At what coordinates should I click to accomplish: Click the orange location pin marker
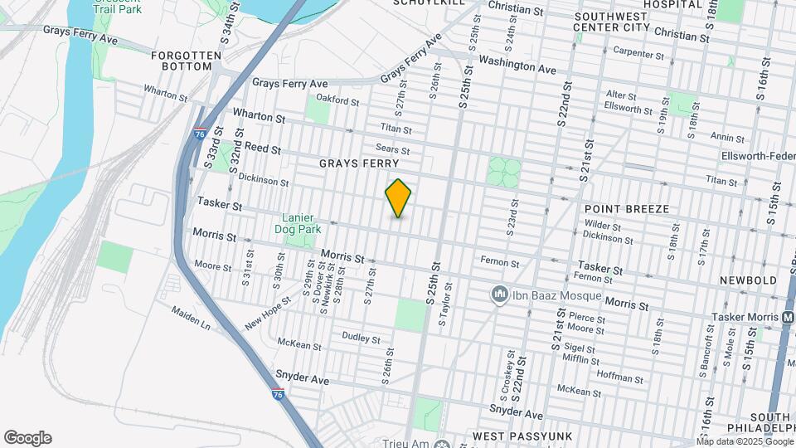(399, 198)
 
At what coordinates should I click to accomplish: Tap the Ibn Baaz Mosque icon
(499, 294)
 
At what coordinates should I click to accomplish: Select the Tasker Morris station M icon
(788, 317)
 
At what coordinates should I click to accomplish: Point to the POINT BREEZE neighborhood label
(626, 209)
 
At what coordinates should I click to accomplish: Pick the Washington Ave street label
(517, 65)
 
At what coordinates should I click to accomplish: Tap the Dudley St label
(361, 338)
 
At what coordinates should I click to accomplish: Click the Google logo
(27, 438)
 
